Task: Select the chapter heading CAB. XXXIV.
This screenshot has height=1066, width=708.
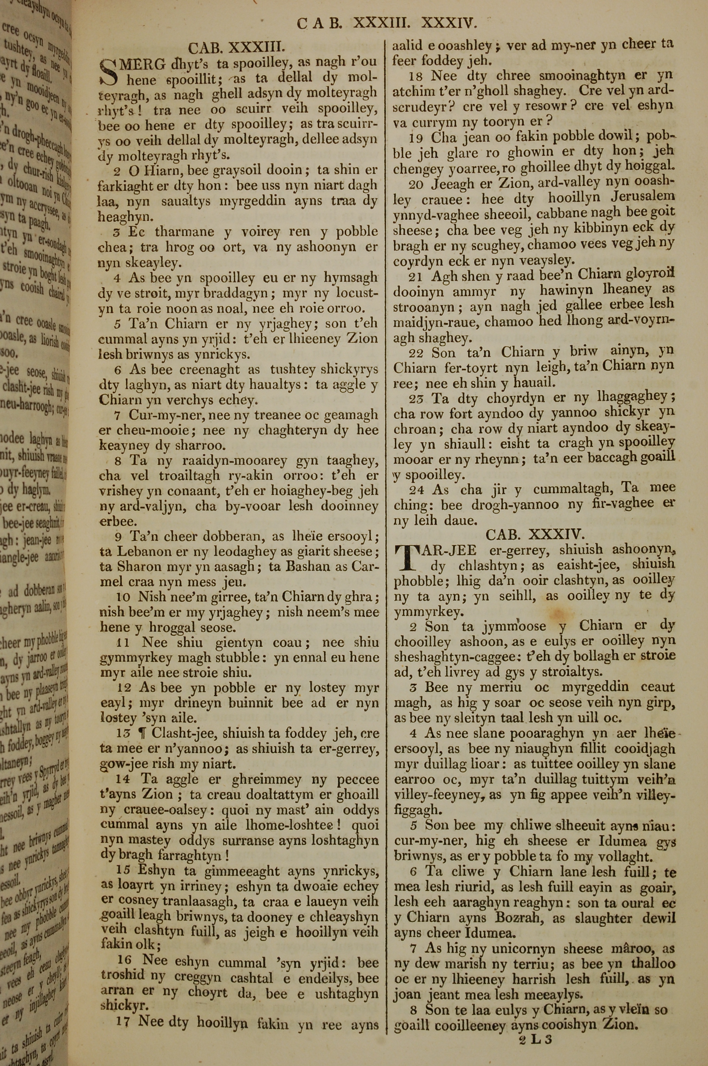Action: (x=535, y=534)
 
